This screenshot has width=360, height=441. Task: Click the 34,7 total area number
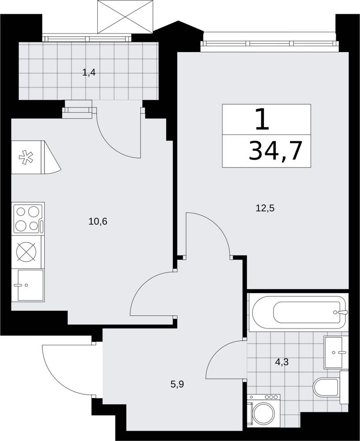[x=275, y=151]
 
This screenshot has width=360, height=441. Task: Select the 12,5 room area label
[x=265, y=208]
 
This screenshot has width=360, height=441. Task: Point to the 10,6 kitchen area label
[x=98, y=222]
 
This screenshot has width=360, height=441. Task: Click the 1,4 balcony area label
[x=89, y=73]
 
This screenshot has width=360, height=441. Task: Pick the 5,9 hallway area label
[x=177, y=384]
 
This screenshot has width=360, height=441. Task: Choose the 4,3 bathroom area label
[x=282, y=362]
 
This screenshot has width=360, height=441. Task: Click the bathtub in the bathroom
[x=300, y=313]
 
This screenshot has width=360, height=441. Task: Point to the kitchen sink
[x=30, y=285]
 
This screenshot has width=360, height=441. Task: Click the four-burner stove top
[x=28, y=219]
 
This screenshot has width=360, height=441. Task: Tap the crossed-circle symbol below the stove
[x=27, y=252]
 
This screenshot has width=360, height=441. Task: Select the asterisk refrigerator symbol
[x=26, y=157]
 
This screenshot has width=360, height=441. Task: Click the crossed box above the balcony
[x=125, y=17]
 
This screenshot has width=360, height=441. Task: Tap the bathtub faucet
[x=342, y=312]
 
